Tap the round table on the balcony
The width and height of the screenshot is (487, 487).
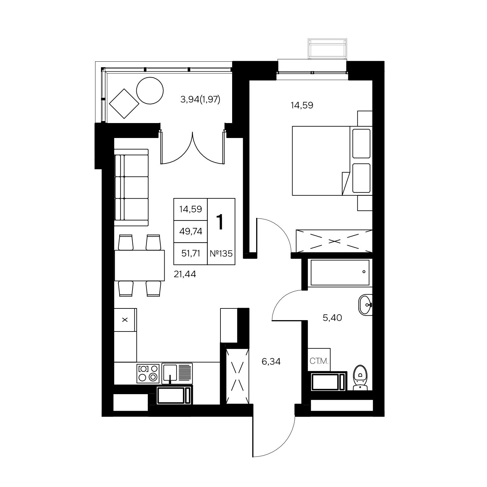150,91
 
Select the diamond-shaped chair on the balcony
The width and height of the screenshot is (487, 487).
124,104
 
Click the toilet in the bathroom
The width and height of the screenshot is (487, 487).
360,378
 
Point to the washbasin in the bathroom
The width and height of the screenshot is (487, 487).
366,305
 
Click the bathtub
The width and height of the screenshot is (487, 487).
340,272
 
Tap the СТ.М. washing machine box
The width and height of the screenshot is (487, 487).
319,360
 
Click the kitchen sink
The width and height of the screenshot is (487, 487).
177,373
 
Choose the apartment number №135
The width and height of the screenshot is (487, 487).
221,254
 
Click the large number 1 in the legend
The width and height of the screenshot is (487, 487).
220,222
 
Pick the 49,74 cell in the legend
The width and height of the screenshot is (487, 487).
191,231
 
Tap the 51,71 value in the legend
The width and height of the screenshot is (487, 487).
191,254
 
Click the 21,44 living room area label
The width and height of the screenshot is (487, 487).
185,274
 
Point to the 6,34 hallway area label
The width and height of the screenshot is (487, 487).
271,361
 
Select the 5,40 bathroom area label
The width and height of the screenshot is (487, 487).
332,318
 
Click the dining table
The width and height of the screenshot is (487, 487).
140,265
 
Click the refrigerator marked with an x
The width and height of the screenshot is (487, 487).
125,320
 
